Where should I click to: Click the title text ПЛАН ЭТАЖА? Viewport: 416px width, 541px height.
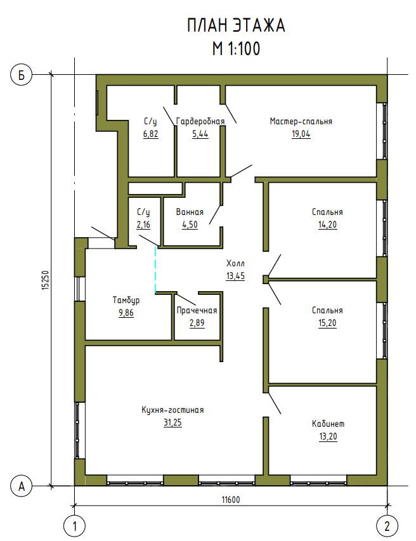236,26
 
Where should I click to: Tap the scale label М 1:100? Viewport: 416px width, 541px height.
236,49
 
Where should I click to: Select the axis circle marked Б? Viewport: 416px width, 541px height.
22,75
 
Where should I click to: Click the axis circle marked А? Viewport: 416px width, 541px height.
22,486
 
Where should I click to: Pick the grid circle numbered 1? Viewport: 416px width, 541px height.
74,526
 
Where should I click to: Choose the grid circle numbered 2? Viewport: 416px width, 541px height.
387,526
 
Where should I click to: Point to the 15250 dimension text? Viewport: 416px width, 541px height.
46,280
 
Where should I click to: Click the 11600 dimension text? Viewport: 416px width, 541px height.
231,499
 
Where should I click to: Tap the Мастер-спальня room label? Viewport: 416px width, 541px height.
301,121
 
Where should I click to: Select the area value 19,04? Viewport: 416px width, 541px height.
301,134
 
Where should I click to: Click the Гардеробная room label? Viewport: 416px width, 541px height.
200,121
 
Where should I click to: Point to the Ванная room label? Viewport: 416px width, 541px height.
190,212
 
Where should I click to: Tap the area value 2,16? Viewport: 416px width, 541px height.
143,225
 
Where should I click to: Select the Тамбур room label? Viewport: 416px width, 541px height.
126,300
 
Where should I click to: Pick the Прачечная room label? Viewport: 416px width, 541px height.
197,311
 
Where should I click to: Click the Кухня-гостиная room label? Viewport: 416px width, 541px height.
172,410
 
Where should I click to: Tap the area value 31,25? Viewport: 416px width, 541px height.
172,422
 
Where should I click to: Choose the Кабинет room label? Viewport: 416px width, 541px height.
328,424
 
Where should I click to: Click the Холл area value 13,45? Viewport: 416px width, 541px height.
236,276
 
